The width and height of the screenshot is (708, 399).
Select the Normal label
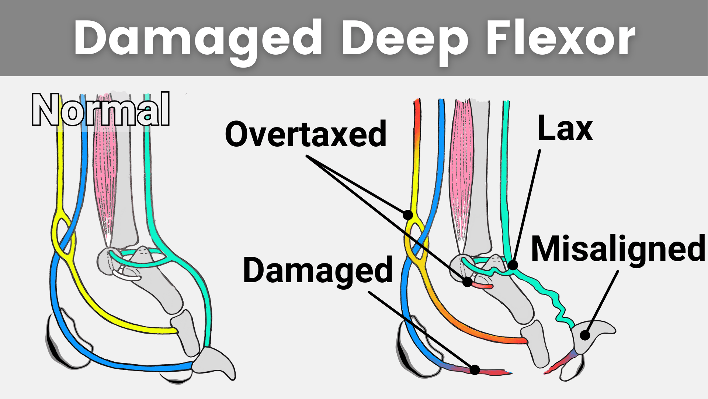101,110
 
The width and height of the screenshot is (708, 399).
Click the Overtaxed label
306,134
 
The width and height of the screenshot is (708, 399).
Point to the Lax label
565,129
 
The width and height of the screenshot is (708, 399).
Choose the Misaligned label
618,249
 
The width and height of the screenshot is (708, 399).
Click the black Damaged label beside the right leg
318,270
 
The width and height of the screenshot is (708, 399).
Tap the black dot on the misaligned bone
585,335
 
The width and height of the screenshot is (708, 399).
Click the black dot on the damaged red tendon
475,369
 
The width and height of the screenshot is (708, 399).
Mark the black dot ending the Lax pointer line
513,265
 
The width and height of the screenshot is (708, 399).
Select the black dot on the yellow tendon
408,215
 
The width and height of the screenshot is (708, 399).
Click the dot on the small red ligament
468,282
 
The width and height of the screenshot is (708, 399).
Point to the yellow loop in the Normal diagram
63,233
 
